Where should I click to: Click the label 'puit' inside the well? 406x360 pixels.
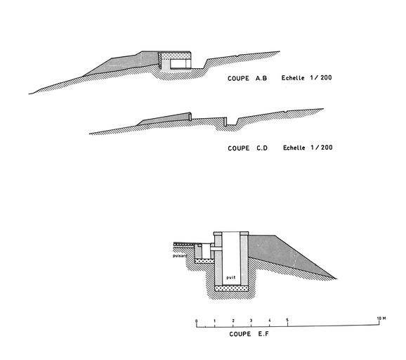tap(231, 277)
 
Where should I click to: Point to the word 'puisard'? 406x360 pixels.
tap(180, 256)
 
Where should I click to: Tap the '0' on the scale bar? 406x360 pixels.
tap(197, 321)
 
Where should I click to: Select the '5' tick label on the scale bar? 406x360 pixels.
tap(287, 320)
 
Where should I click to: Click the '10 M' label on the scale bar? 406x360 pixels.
tap(381, 319)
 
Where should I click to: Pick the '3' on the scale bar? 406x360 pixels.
tap(251, 321)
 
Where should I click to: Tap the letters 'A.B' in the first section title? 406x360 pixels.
tap(261, 78)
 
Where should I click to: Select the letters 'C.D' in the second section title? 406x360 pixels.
tap(262, 148)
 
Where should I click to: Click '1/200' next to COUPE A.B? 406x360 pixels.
tap(321, 77)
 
